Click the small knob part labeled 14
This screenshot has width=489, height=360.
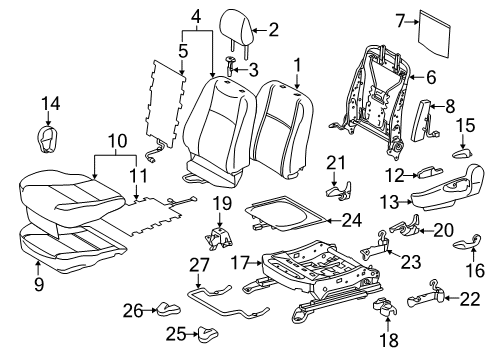[x=48, y=132]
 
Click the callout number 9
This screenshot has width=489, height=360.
[x=39, y=266]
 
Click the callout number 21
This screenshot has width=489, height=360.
[x=336, y=162]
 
